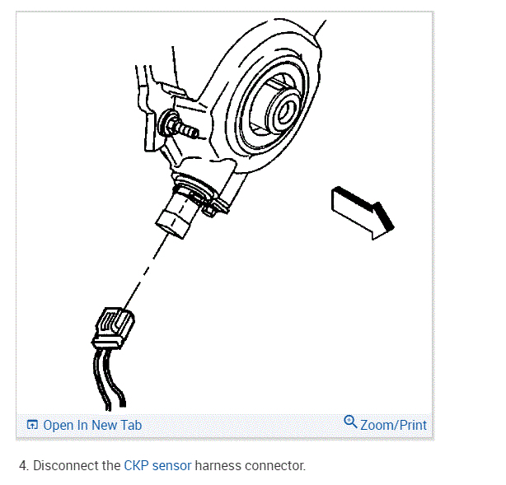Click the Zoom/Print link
tap(393, 425)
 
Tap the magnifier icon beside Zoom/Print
tap(350, 423)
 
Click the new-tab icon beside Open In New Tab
tap(33, 425)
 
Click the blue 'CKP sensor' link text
tap(157, 465)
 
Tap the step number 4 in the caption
tap(22, 465)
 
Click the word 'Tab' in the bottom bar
tap(130, 425)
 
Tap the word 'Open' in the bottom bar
tap(58, 425)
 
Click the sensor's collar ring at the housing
tap(196, 189)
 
